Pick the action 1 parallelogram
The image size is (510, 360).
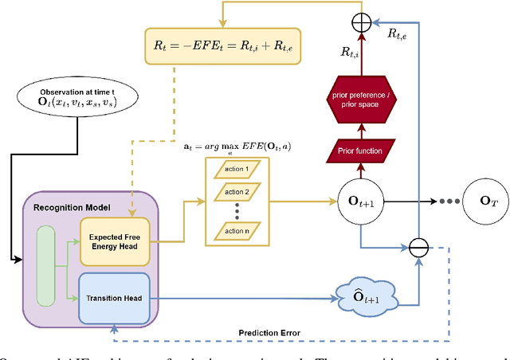point(237,170)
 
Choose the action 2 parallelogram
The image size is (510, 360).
point(237,193)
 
